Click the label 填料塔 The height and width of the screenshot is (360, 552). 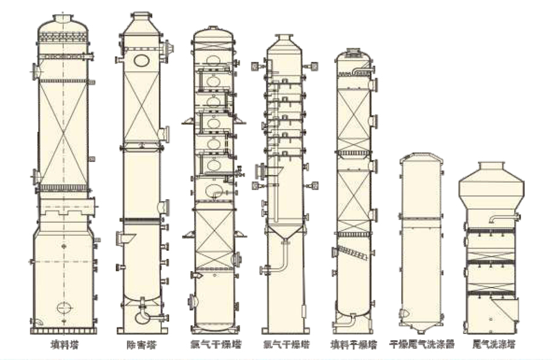point(63,345)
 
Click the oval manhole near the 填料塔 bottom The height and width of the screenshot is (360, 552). point(63,307)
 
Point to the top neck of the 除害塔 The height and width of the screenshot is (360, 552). point(142,15)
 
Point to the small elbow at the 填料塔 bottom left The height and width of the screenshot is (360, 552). point(37,321)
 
